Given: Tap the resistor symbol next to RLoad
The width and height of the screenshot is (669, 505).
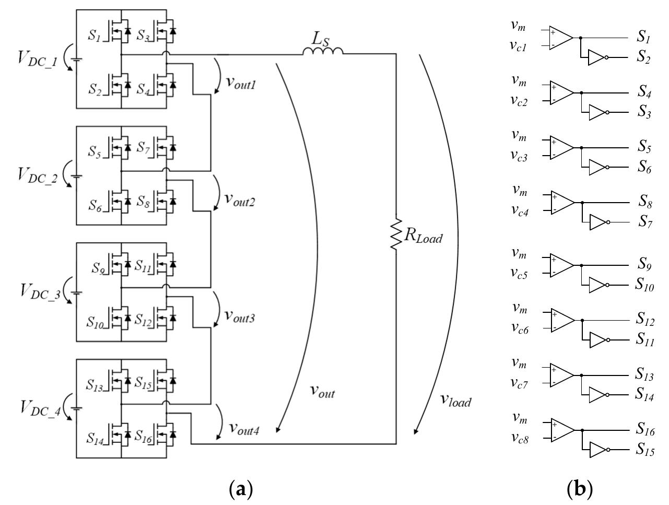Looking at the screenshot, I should [395, 238].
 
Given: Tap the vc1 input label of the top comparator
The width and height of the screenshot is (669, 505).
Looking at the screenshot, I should [521, 46].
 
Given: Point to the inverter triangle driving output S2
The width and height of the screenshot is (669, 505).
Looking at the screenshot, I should [595, 58].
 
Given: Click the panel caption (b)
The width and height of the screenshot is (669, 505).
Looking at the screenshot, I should [580, 489].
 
